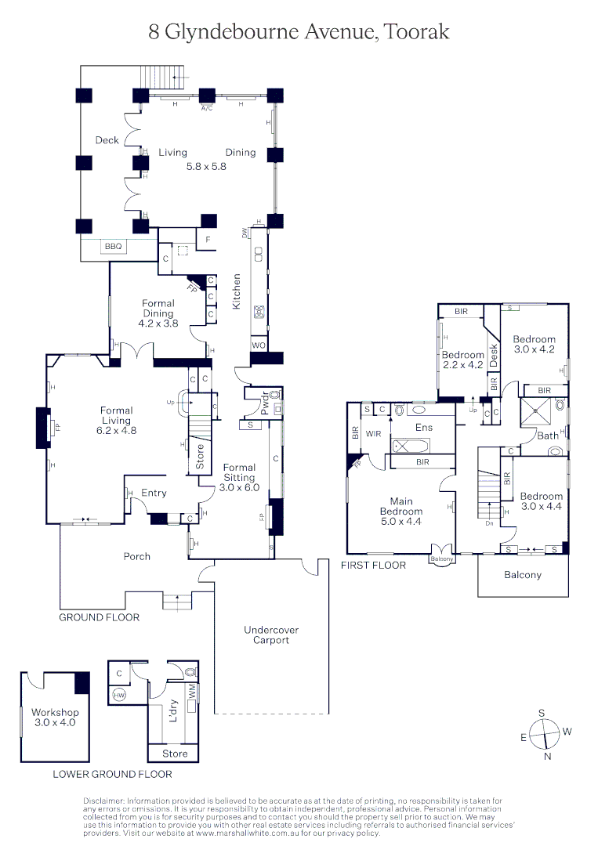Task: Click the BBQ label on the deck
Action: pyautogui.click(x=111, y=248)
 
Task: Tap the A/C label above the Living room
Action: pyautogui.click(x=207, y=107)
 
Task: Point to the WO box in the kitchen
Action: pyautogui.click(x=257, y=345)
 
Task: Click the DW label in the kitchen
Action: pyautogui.click(x=245, y=233)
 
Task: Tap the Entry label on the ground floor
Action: pyautogui.click(x=154, y=493)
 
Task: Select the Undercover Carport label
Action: pyautogui.click(x=271, y=634)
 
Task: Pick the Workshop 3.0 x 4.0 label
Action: pyautogui.click(x=55, y=718)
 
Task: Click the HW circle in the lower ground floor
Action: pyautogui.click(x=119, y=695)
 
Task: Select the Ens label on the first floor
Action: pyautogui.click(x=424, y=428)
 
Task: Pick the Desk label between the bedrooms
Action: pyautogui.click(x=494, y=356)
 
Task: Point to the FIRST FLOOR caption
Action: pyautogui.click(x=373, y=565)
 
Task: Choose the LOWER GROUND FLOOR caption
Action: pyautogui.click(x=112, y=774)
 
